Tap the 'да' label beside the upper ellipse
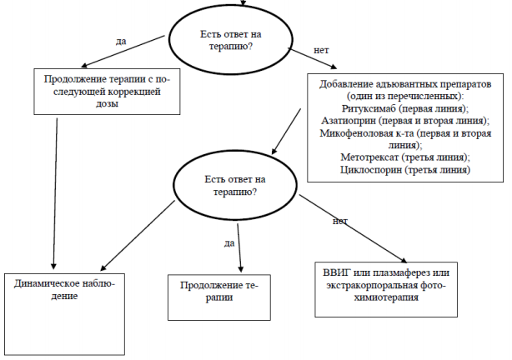coord(121,42)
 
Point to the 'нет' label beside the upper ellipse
coord(321,50)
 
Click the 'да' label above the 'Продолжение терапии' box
coord(229,243)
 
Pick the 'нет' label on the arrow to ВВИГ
coord(340,222)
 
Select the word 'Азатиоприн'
coord(349,121)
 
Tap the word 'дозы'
coord(107,104)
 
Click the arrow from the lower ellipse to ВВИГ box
coord(354,229)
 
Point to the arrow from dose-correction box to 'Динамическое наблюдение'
coord(55,194)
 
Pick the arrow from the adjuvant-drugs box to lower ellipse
coord(286,131)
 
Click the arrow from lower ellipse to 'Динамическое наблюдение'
coord(138,235)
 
